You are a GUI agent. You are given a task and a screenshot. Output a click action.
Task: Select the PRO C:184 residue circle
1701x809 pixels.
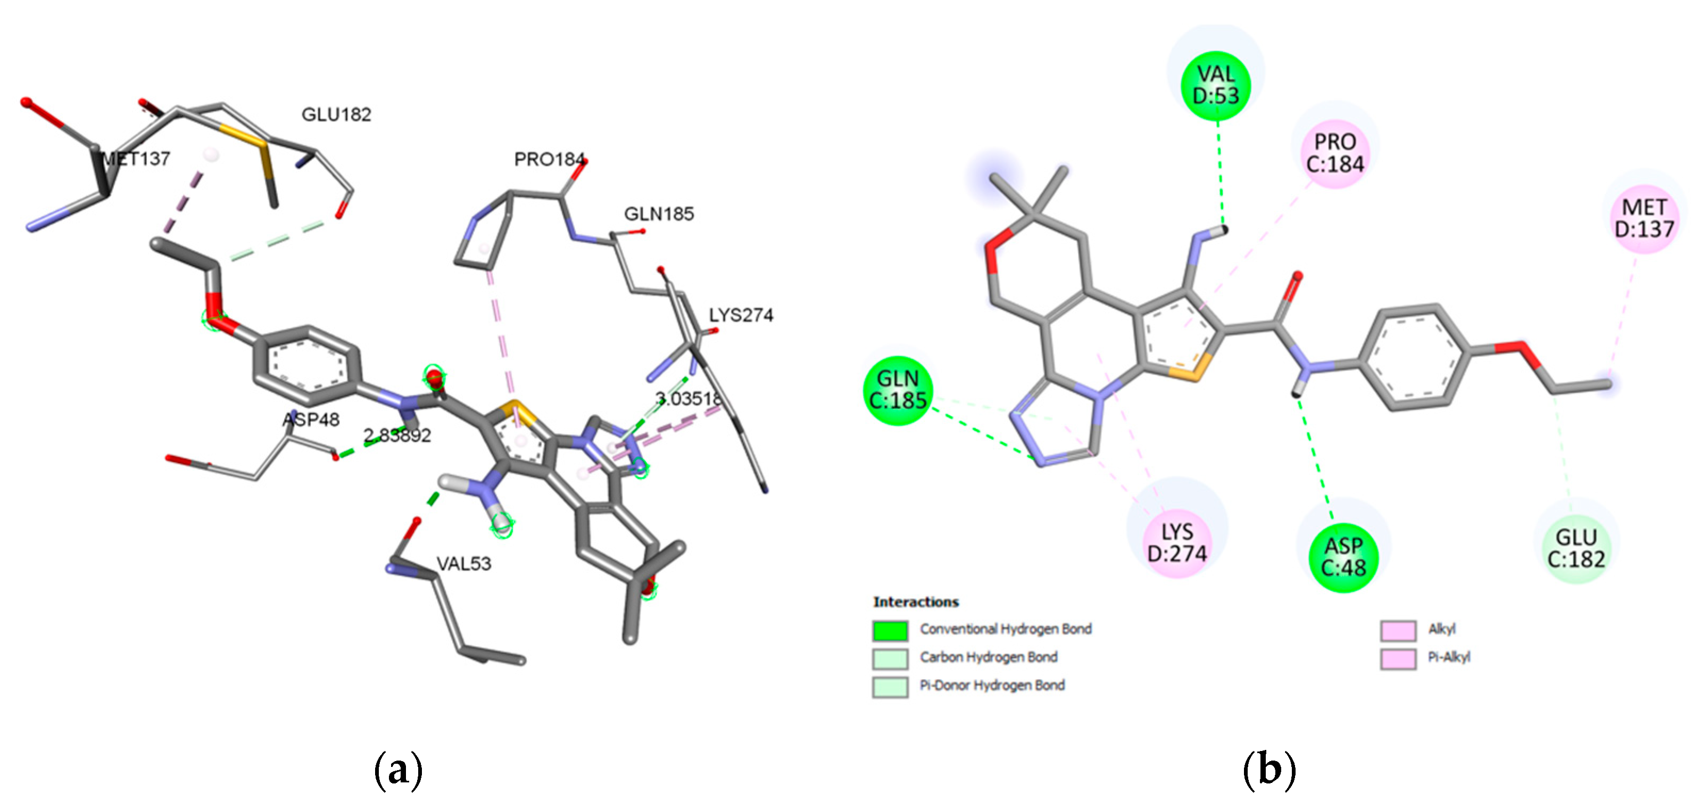point(1334,153)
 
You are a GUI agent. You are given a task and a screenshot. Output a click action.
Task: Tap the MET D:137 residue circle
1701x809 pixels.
point(1644,218)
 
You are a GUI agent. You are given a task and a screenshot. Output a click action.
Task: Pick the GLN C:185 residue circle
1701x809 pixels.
point(898,390)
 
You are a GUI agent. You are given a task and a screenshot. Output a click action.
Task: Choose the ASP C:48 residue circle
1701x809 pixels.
point(1343,557)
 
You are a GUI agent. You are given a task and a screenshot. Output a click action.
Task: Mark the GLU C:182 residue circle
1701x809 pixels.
point(1575,549)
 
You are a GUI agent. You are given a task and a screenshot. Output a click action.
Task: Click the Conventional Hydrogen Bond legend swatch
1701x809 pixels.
point(890,630)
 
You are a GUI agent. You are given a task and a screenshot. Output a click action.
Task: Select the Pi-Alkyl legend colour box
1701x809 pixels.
point(1398,658)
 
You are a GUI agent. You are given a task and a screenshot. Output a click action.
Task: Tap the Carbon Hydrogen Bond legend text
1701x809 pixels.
point(989,657)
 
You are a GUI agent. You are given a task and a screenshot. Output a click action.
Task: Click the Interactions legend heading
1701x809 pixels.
point(915,601)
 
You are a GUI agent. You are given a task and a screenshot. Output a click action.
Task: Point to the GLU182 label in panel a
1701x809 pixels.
point(336,115)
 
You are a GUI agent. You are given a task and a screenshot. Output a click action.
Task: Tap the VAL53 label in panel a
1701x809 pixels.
point(463,563)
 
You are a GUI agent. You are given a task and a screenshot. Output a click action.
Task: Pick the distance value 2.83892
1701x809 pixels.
point(397,435)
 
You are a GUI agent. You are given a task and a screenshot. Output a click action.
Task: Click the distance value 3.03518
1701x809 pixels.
point(688,399)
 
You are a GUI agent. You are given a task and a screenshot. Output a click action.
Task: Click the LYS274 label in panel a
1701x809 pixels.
point(741,315)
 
